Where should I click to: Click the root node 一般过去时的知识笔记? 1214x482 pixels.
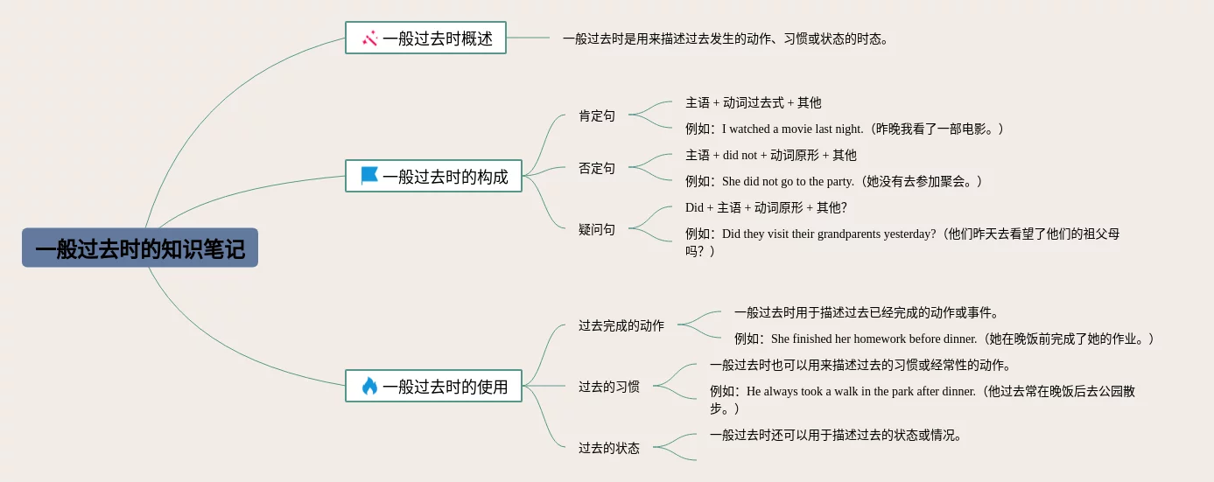click(140, 248)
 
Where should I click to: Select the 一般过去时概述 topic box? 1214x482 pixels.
click(425, 38)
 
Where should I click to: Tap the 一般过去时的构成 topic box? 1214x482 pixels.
click(433, 176)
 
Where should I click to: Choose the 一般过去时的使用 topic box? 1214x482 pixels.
click(433, 386)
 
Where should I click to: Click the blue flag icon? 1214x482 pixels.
click(369, 176)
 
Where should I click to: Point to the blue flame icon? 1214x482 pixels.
click(369, 386)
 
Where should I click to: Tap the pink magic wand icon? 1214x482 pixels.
click(369, 38)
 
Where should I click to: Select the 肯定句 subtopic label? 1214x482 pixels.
click(597, 115)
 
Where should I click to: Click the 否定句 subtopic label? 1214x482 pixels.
click(597, 168)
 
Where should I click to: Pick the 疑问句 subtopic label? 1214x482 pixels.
click(597, 229)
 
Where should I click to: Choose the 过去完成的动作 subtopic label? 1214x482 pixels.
click(621, 325)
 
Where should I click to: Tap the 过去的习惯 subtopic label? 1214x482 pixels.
click(609, 386)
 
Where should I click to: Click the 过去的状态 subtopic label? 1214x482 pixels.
click(609, 448)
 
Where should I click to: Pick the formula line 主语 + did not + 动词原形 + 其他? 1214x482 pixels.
click(771, 155)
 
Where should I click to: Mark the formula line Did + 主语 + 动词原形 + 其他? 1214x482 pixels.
click(766, 207)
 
